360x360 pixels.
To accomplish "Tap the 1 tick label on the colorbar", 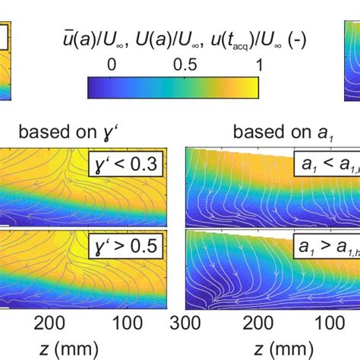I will [255, 65].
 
